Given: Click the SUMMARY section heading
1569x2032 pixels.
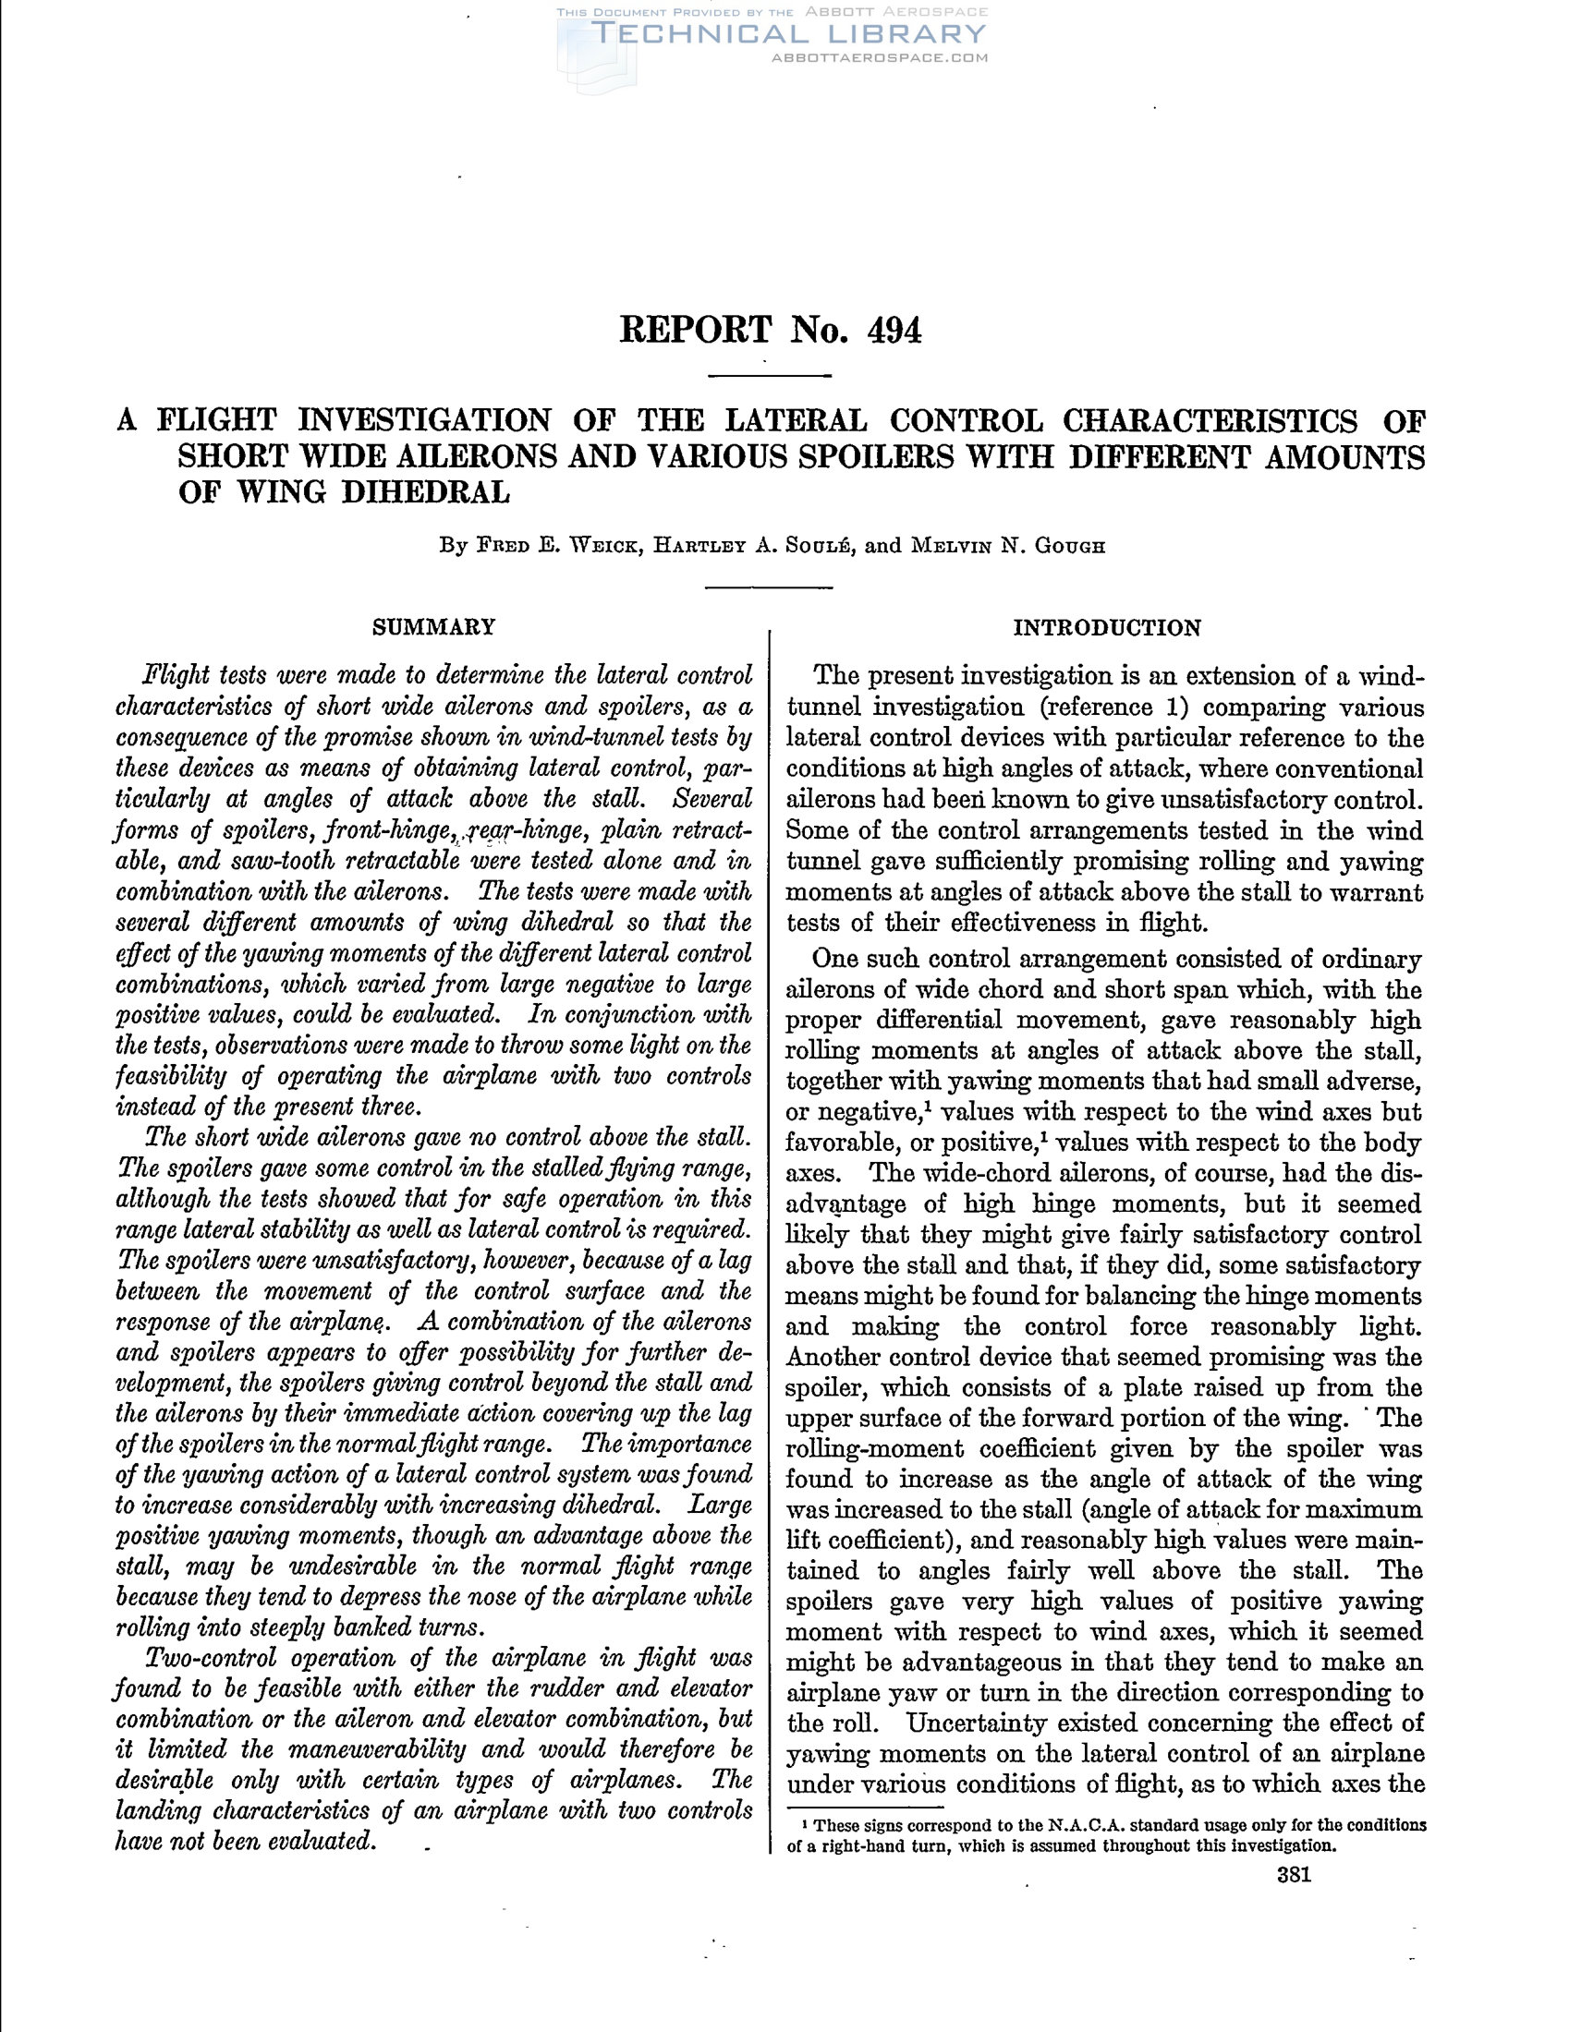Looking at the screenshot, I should coord(433,627).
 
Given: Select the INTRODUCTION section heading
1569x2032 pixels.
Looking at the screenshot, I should coord(1106,628).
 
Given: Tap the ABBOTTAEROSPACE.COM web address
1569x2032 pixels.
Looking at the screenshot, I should coord(880,57).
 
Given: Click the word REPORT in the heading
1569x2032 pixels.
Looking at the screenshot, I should coord(695,331).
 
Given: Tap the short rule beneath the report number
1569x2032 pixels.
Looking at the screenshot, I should coord(769,376).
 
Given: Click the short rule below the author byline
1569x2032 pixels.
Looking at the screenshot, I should coord(769,587).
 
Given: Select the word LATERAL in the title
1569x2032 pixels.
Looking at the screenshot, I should coord(796,421).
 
